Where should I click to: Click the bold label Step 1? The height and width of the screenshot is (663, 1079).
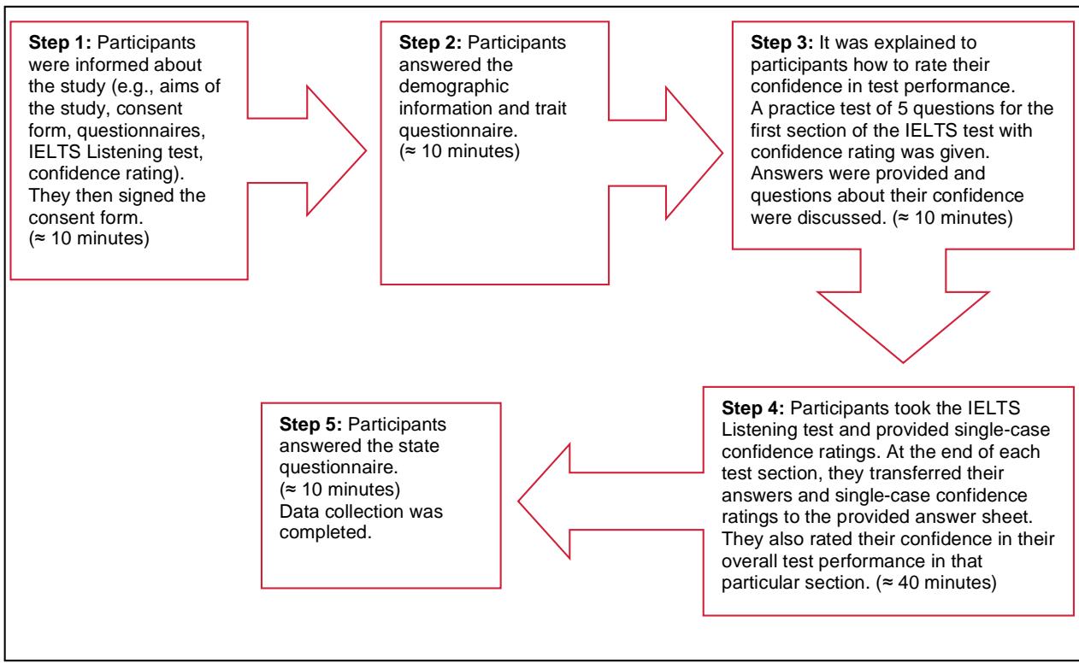click(x=60, y=43)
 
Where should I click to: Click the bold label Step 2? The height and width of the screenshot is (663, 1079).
click(x=430, y=43)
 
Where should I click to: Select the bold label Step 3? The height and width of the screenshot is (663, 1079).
click(x=781, y=43)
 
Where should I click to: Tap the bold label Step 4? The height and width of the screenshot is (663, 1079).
click(x=753, y=408)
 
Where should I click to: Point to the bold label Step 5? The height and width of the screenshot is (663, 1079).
click(x=310, y=425)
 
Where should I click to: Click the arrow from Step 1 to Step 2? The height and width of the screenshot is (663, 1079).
click(x=307, y=150)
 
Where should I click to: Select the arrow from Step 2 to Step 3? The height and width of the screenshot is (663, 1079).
click(x=666, y=153)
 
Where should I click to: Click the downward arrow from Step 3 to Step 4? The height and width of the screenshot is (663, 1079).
click(x=903, y=306)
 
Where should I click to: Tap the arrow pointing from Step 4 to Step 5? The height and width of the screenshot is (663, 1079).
click(x=610, y=502)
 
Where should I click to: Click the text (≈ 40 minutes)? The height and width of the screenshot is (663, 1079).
click(x=936, y=583)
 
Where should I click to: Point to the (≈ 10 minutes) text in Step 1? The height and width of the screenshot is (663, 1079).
click(x=89, y=239)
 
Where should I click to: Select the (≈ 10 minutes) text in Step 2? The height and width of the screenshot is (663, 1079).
click(x=459, y=152)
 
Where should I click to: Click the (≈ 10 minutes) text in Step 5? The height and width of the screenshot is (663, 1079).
click(x=340, y=490)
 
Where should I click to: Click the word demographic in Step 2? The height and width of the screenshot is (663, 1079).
click(x=454, y=86)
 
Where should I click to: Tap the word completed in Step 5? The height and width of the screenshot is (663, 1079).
click(x=326, y=532)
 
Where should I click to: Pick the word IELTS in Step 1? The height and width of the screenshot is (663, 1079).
click(x=55, y=152)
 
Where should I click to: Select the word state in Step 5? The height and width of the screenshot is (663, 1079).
click(x=418, y=446)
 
